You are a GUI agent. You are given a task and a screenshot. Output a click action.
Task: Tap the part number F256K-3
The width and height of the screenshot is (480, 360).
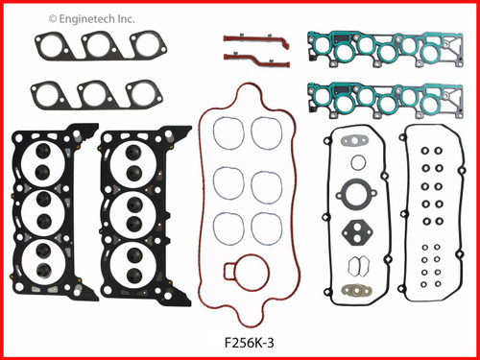click(x=240, y=340)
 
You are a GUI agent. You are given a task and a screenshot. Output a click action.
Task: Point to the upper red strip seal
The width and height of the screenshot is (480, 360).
click(x=254, y=39)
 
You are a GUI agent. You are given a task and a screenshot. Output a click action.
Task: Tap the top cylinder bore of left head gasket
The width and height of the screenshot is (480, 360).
click(x=43, y=162)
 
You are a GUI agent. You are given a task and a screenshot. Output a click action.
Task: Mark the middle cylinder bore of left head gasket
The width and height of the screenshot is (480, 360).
click(x=43, y=209)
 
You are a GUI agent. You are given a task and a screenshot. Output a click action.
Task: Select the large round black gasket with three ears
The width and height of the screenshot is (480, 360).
click(x=358, y=195)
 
